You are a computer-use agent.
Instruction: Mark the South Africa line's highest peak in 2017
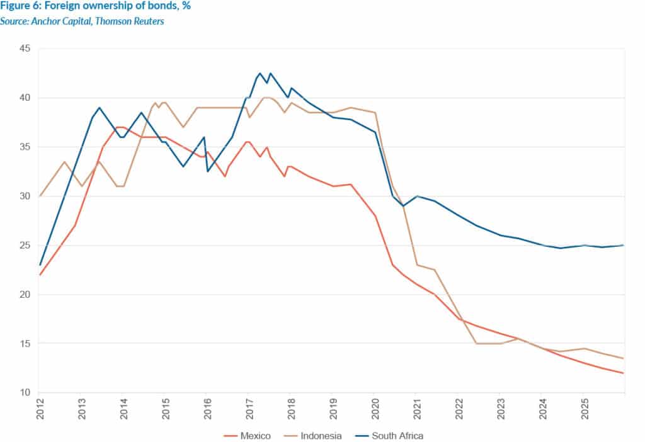click(x=260, y=73)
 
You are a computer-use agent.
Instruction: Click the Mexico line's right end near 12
click(x=624, y=373)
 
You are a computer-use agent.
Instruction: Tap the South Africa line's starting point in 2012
click(x=40, y=265)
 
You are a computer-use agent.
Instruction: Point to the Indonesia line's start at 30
click(x=40, y=196)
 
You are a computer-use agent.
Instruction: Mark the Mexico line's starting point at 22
click(x=40, y=275)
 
